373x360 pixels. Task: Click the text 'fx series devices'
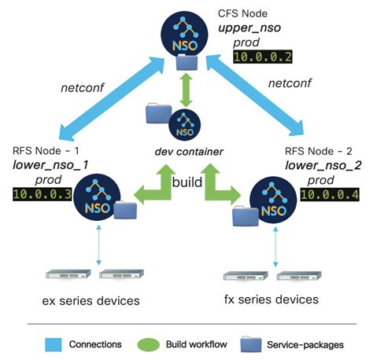271,299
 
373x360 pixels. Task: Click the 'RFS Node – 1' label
44,149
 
